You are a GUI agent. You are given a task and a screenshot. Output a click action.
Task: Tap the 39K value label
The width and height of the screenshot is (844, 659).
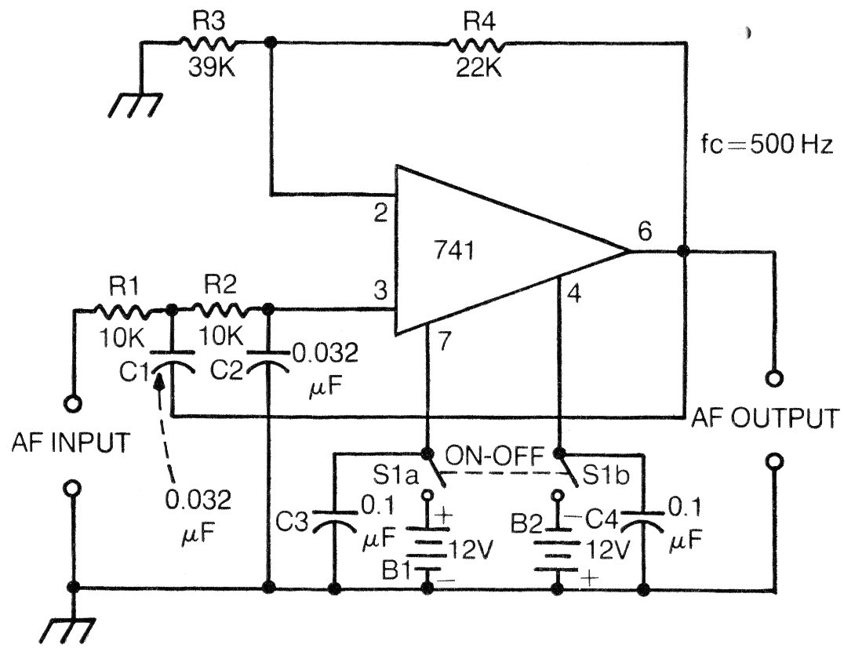pyautogui.click(x=212, y=67)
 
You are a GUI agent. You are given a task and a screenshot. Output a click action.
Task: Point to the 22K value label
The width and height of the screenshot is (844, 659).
pyautogui.click(x=478, y=67)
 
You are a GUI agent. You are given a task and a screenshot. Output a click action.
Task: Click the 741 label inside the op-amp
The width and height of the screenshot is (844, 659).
pyautogui.click(x=454, y=251)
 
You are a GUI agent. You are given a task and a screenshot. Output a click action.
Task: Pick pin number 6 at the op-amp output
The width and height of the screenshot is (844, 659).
pyautogui.click(x=644, y=231)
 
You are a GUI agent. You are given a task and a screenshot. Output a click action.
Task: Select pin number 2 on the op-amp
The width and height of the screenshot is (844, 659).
pyautogui.click(x=380, y=213)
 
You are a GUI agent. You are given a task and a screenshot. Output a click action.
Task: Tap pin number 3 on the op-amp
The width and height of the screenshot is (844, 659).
pyautogui.click(x=380, y=291)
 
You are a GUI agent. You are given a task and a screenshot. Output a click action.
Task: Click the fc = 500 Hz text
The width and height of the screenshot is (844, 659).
pyautogui.click(x=767, y=145)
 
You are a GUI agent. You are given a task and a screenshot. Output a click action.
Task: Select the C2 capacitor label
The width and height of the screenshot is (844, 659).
pyautogui.click(x=227, y=370)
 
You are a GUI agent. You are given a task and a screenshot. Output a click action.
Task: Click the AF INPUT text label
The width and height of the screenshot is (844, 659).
pyautogui.click(x=71, y=442)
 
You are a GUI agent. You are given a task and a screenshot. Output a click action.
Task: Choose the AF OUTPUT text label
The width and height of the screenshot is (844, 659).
pyautogui.click(x=765, y=418)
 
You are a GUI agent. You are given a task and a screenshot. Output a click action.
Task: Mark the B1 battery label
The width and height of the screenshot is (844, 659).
pyautogui.click(x=397, y=570)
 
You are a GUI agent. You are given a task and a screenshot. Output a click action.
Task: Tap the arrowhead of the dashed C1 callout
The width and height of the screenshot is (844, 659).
pyautogui.click(x=159, y=380)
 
